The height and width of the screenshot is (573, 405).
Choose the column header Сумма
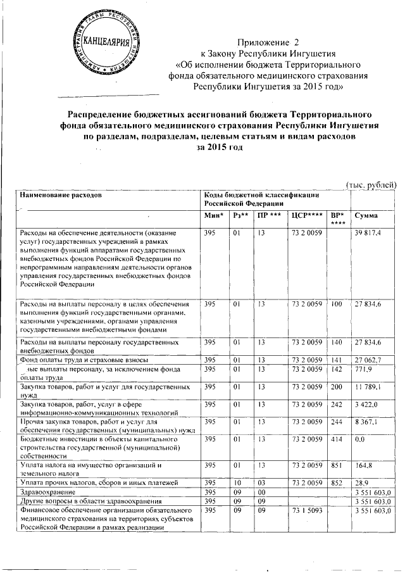pos(368,216)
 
